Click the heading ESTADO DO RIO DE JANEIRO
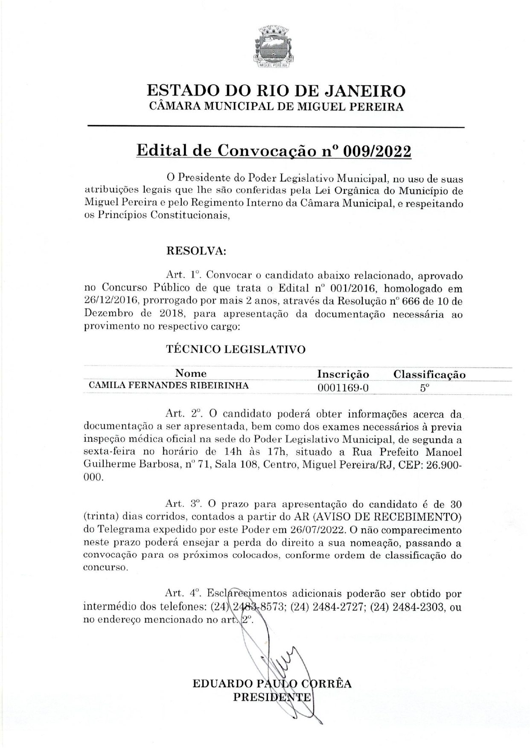coord(276,91)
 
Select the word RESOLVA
coord(195,251)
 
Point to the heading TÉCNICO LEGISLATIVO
coord(236,350)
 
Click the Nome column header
coord(191,373)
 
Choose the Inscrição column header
coord(343,374)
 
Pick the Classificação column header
coord(429,375)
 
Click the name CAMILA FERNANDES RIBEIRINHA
coord(169,385)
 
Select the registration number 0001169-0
coord(343,388)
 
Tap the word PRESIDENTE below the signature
coord(272,697)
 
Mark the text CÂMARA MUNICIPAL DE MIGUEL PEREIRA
coord(276,107)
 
